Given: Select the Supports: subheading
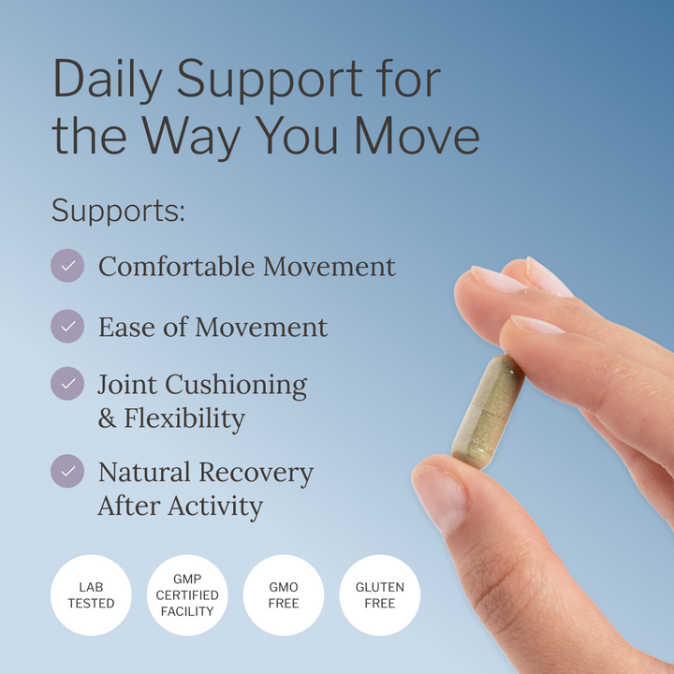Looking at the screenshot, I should pyautogui.click(x=118, y=210).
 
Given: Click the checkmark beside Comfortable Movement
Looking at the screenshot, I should pyautogui.click(x=67, y=266).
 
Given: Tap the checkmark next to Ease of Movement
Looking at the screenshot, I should pyautogui.click(x=67, y=327).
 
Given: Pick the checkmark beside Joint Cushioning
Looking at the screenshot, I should pyautogui.click(x=67, y=384).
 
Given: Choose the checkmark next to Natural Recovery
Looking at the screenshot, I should pyautogui.click(x=67, y=471).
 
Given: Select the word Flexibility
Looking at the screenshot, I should pyautogui.click(x=184, y=418).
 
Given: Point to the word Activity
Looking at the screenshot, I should pyautogui.click(x=215, y=505).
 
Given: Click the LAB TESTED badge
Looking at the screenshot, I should pyautogui.click(x=91, y=595).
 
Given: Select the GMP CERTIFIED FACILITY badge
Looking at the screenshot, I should pyautogui.click(x=187, y=595).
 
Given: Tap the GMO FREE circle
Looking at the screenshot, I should pyautogui.click(x=284, y=595).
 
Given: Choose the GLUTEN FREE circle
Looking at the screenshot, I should pyautogui.click(x=380, y=595).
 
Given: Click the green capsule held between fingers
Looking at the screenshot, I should pyautogui.click(x=487, y=412).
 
